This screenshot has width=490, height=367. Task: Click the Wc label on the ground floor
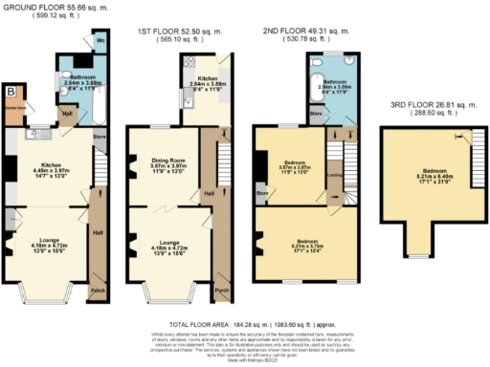100,43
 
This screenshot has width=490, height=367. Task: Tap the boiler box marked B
11,93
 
